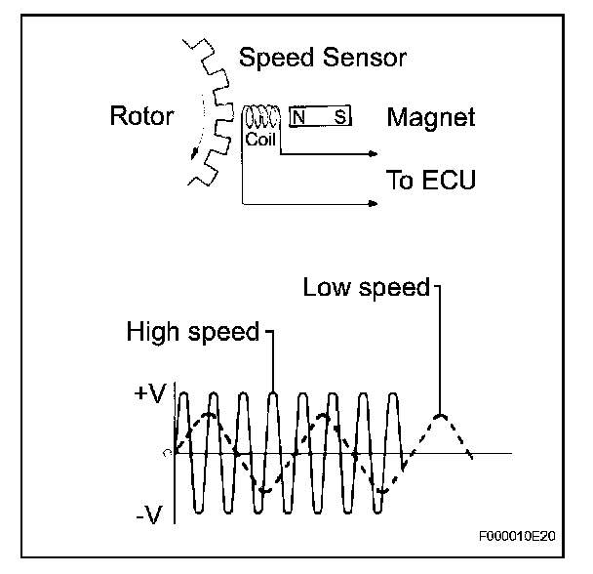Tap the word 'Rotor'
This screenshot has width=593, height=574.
tap(142, 117)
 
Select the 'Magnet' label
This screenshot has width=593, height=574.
tap(431, 118)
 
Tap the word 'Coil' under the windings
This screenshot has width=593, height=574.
tap(260, 140)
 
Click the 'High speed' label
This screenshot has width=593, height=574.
tap(192, 332)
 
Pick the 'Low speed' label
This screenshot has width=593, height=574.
tap(366, 287)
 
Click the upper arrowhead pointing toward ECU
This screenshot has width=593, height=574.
tap(374, 153)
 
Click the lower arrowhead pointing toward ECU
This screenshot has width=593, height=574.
tap(374, 204)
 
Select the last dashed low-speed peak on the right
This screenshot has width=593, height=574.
tap(442, 416)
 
